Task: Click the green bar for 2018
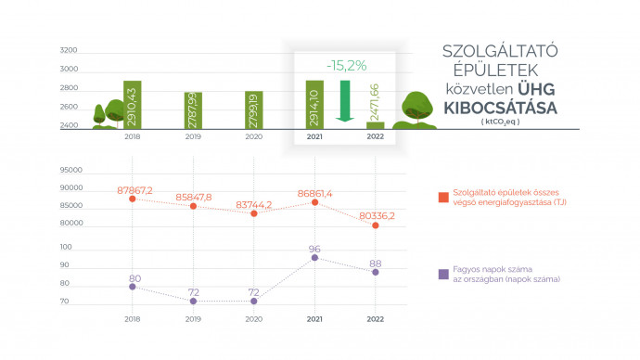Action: point(132,105)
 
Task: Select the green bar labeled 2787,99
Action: point(193,110)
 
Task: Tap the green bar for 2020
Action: point(253,109)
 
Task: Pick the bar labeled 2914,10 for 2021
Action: point(314,105)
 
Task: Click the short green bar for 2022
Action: point(375,124)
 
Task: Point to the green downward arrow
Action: point(344,101)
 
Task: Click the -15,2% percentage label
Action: point(346,66)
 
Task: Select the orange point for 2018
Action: point(133,199)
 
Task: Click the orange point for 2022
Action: point(376,225)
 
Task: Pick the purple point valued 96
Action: point(314,257)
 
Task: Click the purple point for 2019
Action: point(193,301)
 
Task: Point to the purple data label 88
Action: point(376,263)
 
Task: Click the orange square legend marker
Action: point(444,197)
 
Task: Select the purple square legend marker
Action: point(444,274)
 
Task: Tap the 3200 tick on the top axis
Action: point(69,50)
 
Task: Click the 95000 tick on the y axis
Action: point(70,171)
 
